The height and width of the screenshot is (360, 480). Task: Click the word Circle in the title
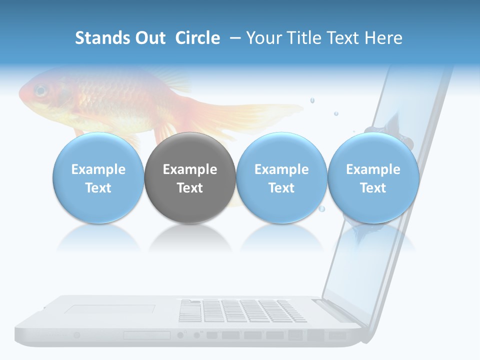click(197, 38)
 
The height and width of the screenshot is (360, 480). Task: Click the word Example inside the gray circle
click(190, 169)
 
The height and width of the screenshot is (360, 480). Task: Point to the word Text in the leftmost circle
click(98, 188)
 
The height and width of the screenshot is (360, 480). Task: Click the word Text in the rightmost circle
click(373, 188)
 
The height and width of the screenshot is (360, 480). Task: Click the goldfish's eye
click(40, 91)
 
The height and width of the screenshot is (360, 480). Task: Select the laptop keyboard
click(242, 310)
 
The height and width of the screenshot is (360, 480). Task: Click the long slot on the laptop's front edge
click(147, 335)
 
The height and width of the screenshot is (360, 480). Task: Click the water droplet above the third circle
click(312, 100)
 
